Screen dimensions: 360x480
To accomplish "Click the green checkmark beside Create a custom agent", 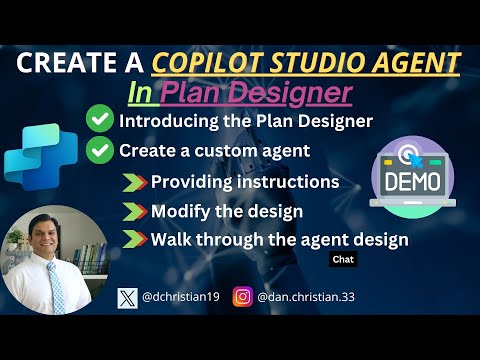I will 99,152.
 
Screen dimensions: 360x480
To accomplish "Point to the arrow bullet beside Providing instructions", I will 134,182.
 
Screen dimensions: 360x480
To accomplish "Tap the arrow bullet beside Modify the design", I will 134,211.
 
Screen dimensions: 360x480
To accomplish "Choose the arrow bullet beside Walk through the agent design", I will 134,240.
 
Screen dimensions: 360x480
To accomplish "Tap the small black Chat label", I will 342,259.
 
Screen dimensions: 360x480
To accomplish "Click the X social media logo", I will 127,297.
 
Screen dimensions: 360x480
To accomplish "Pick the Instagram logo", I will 242,297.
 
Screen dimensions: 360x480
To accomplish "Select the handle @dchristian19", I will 183,297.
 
